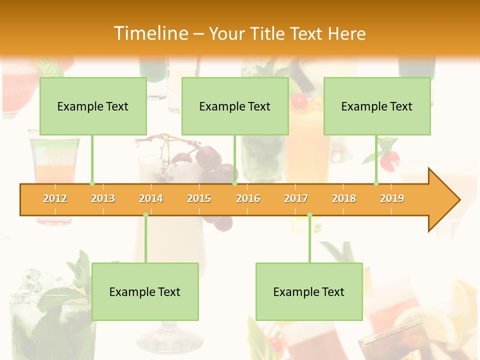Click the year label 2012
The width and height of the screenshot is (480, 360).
[55, 198]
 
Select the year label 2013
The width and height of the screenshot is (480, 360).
[103, 198]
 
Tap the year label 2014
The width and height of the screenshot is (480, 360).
[151, 198]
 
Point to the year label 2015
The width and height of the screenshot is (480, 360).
[199, 198]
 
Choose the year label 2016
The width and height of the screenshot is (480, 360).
[248, 198]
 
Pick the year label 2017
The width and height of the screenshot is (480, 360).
[296, 198]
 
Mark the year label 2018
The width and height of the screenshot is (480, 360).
[344, 198]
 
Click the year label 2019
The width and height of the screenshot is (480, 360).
[392, 198]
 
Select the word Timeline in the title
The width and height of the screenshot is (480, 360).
[150, 33]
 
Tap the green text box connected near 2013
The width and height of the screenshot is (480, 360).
[93, 106]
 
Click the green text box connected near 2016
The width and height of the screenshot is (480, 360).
[235, 106]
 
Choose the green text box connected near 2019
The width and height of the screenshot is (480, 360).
[377, 106]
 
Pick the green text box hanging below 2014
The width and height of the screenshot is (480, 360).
[145, 291]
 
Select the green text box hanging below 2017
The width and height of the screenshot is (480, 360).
[309, 291]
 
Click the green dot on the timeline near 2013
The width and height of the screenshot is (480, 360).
[92, 183]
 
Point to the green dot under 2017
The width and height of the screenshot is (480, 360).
[309, 215]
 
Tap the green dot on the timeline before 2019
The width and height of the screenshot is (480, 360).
[376, 183]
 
